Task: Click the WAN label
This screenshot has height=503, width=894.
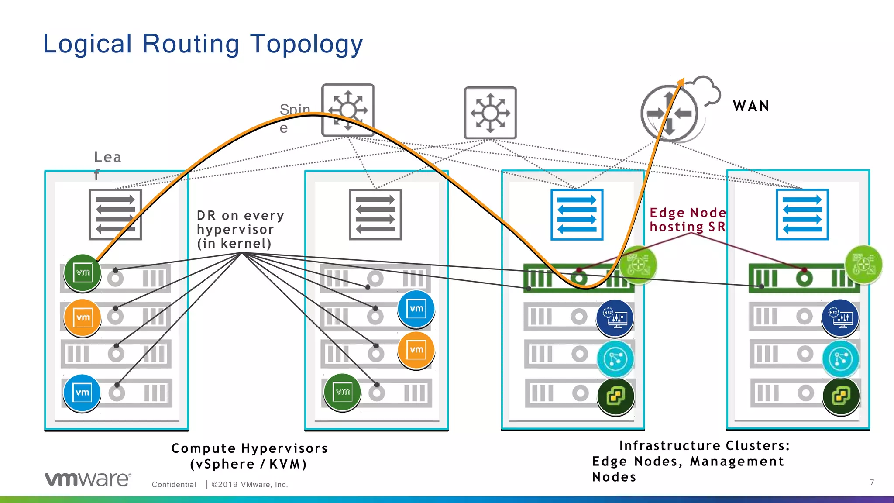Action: tap(751, 106)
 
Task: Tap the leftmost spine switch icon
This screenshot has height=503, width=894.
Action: tap(348, 110)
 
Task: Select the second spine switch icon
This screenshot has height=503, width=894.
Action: tap(490, 113)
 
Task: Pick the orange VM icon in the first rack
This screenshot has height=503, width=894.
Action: tap(83, 317)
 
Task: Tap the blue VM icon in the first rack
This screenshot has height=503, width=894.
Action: tap(82, 393)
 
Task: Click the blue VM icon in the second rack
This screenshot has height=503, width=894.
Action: tap(416, 309)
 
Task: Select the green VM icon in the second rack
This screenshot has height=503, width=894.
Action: tap(343, 392)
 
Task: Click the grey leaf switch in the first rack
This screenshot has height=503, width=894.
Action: tap(115, 214)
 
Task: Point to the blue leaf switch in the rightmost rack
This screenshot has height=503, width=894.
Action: tap(802, 214)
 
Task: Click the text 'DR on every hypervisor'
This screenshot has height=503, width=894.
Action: tap(240, 229)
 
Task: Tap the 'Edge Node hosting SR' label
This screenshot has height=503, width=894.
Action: tap(688, 220)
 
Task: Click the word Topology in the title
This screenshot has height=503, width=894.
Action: tap(306, 44)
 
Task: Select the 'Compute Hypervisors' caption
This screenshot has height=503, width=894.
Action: tap(249, 448)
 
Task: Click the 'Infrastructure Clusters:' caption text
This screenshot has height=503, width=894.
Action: tap(704, 446)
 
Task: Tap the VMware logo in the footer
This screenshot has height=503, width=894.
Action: tap(88, 479)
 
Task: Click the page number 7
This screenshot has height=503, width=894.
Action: tap(872, 482)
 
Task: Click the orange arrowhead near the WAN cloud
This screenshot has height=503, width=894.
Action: tap(681, 82)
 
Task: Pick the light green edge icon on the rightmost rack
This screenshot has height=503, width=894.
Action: tap(863, 265)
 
